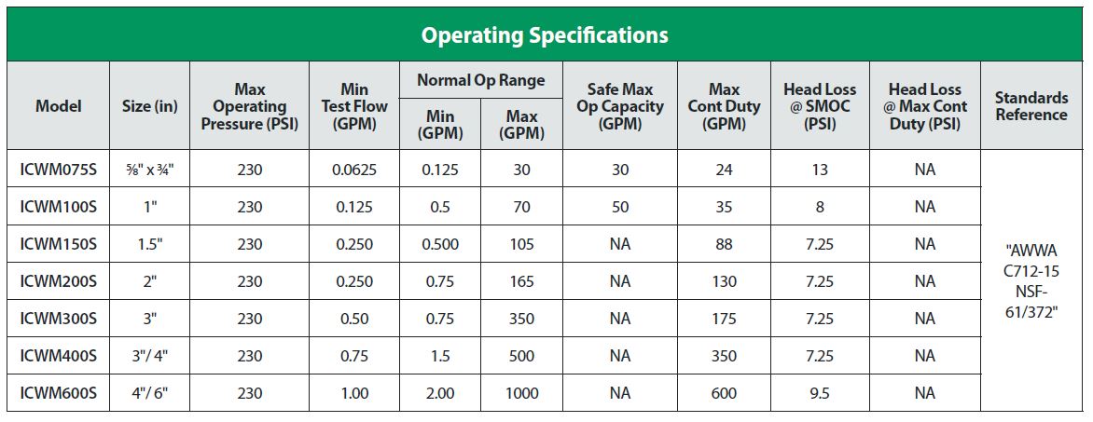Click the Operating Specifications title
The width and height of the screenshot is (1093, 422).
(x=545, y=35)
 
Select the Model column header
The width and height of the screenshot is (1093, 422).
(x=58, y=106)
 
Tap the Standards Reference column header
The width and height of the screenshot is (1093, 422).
(x=1031, y=106)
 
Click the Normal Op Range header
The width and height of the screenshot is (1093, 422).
(x=481, y=80)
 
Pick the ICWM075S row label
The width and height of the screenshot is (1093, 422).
(x=58, y=170)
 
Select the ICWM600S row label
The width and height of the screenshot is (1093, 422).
(x=58, y=393)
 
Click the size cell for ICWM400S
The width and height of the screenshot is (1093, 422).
(x=149, y=356)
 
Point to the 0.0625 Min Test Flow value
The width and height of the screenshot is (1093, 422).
(x=354, y=170)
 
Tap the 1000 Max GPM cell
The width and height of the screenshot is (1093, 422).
(x=521, y=393)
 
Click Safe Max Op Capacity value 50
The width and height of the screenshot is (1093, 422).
(x=619, y=207)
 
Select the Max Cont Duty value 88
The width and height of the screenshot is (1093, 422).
(x=724, y=244)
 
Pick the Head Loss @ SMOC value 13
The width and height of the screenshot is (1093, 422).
(x=819, y=170)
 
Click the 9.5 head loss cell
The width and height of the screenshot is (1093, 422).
(x=819, y=393)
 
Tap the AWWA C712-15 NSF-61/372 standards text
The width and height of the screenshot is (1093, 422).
(x=1031, y=281)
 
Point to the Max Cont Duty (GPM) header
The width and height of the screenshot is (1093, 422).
(x=724, y=106)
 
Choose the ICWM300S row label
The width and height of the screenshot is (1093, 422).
(x=58, y=319)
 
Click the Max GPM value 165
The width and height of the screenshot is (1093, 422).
(x=521, y=281)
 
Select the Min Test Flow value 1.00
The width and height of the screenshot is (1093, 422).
(x=354, y=393)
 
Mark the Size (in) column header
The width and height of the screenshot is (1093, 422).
(x=149, y=106)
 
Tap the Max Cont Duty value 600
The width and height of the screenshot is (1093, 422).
(x=724, y=393)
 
